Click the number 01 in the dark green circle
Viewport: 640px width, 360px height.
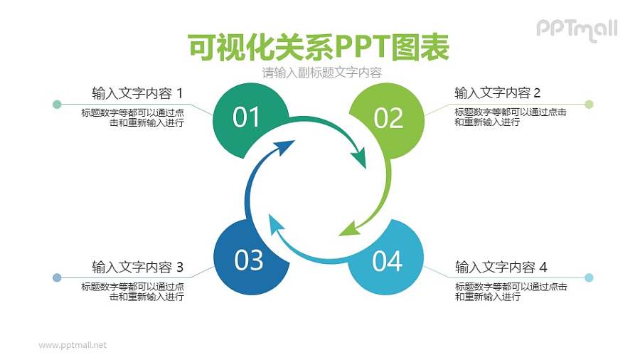(x=247, y=117)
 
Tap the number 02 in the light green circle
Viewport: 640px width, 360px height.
(x=388, y=118)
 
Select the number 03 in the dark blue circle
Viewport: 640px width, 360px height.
(x=249, y=260)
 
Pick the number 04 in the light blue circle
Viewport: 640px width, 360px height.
(x=387, y=261)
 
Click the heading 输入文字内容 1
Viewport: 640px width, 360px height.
(x=137, y=93)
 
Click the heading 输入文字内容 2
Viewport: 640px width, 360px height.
(x=498, y=93)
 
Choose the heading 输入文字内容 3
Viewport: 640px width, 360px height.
(x=137, y=268)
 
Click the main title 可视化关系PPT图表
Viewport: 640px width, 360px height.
(x=319, y=48)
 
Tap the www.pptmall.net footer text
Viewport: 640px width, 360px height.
(x=73, y=345)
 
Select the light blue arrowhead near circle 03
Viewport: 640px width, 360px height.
(x=276, y=225)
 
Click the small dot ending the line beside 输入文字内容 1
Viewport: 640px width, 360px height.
(x=57, y=105)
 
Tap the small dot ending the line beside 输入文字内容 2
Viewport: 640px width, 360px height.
(x=589, y=105)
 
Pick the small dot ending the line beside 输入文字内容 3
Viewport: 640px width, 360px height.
(x=57, y=277)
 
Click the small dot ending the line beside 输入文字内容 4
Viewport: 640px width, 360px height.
(x=589, y=277)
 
